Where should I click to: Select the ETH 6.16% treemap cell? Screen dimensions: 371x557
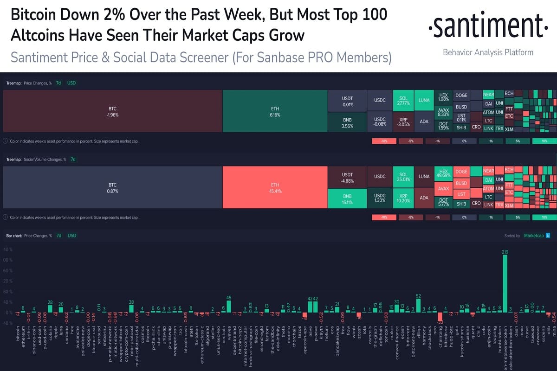coord(275,111)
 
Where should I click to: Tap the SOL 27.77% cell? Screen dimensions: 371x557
coord(403,101)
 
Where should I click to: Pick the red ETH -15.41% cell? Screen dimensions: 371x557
coord(275,188)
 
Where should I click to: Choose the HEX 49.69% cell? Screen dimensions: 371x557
coord(443,174)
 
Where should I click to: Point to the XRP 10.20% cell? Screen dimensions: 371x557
coord(403,198)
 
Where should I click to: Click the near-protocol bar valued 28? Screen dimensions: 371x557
coord(131,308)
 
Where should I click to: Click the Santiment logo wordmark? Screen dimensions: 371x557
coord(486,27)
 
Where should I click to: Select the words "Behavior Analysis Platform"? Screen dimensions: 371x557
coord(488,52)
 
